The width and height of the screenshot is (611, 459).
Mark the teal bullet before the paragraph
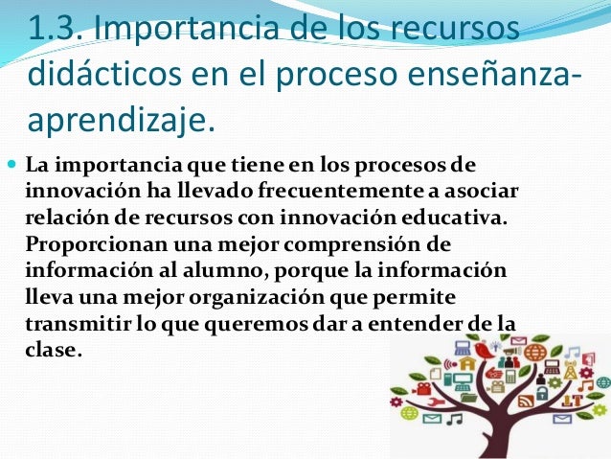coord(11,162)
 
